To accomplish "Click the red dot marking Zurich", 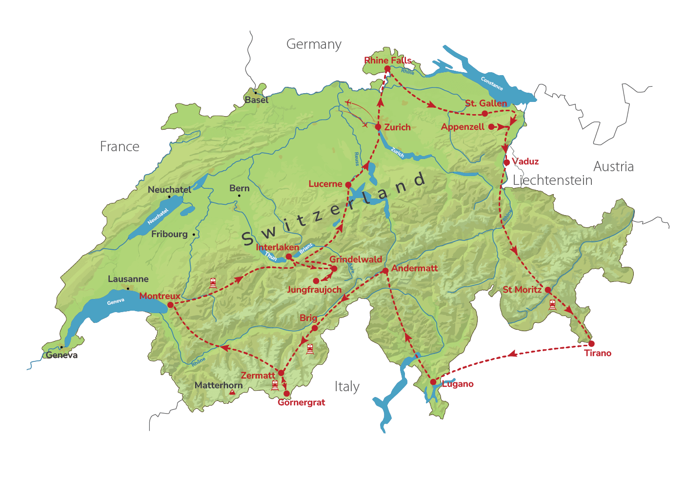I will [x=378, y=127].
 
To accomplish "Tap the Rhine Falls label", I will [x=387, y=60].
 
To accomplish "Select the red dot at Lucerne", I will [x=348, y=185].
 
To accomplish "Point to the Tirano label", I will [x=598, y=353].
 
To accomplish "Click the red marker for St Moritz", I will [x=548, y=290].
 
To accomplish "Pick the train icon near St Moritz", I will [x=552, y=305].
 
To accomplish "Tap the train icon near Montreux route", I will [x=213, y=283].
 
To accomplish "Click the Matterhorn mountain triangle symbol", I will [x=233, y=392].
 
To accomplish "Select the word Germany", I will [x=314, y=44].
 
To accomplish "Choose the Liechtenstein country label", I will [x=552, y=180].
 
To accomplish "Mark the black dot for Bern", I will [x=239, y=196].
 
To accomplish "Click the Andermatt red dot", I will [x=385, y=271].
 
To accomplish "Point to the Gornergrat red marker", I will [x=286, y=394].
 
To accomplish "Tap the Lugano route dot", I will [x=433, y=382].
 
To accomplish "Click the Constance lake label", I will [x=491, y=83].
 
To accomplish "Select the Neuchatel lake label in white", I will [x=158, y=217].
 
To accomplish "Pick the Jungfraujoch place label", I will [x=314, y=290].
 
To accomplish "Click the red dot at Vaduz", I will [x=507, y=162].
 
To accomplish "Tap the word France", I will [x=120, y=147].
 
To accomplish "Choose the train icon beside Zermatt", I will [x=275, y=385].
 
